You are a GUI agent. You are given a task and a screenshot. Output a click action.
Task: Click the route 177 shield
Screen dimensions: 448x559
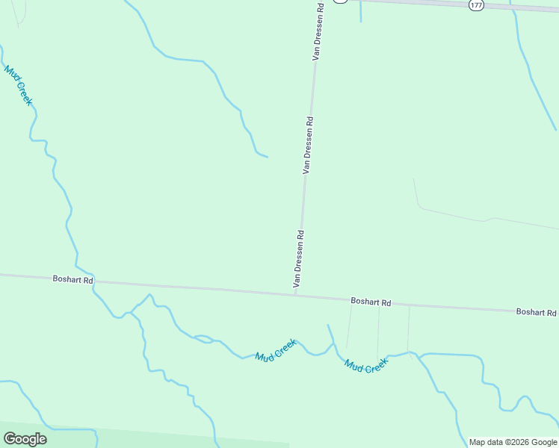click(476, 4)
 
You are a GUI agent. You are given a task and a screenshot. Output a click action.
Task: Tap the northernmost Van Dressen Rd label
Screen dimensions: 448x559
click(318, 31)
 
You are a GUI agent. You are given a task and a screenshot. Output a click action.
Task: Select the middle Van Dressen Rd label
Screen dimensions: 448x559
click(307, 145)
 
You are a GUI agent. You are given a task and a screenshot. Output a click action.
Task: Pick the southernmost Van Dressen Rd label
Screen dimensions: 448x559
click(298, 258)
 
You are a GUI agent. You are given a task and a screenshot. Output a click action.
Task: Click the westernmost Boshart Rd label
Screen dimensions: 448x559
click(72, 279)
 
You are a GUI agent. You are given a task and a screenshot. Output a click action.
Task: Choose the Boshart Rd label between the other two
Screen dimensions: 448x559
click(371, 302)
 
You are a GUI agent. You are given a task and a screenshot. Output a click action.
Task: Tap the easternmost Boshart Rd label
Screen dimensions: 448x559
click(536, 311)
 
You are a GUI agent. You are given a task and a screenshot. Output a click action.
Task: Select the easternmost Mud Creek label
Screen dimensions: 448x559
click(366, 366)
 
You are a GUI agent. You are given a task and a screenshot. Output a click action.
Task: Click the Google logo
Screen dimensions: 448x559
click(25, 439)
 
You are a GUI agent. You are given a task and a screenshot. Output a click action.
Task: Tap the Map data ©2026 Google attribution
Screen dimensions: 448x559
click(513, 442)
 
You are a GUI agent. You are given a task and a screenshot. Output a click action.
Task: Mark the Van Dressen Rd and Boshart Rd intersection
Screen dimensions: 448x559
click(295, 294)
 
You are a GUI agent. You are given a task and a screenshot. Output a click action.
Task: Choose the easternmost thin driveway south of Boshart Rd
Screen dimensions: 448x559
click(408, 329)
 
